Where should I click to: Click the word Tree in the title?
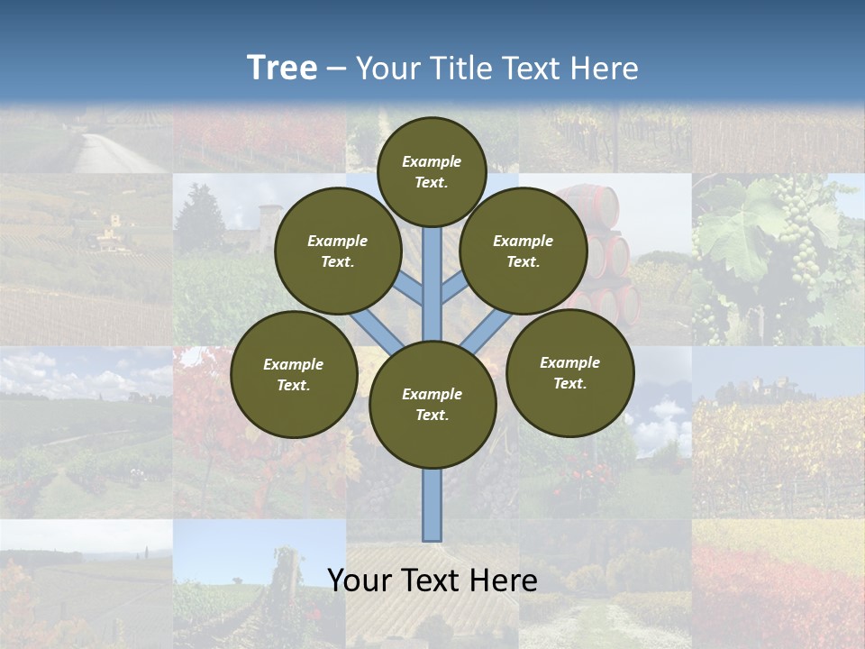pos(281,69)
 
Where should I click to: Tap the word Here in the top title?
pos(603,69)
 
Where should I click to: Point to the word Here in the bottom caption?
pos(501,580)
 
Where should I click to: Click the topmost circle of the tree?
pos(432,171)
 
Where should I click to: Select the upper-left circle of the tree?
pos(338,251)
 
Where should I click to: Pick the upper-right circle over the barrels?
pos(524,251)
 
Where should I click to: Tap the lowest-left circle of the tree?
pos(294,374)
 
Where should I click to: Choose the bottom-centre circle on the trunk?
pos(432,405)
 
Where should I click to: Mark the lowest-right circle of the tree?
pos(570,372)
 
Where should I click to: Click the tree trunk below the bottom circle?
pos(432,505)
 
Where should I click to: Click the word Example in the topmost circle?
pos(432,161)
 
